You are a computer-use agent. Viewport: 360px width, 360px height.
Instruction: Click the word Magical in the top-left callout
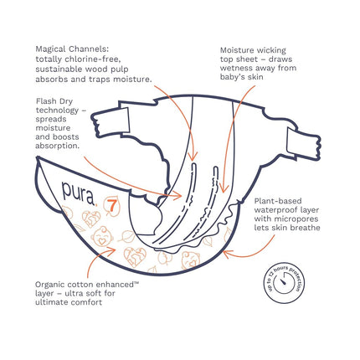coord(51,49)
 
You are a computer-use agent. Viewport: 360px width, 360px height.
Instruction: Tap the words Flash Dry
coord(54,101)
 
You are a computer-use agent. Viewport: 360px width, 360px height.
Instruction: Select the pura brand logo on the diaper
coord(79,193)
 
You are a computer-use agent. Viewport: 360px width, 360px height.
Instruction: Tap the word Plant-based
coord(278,201)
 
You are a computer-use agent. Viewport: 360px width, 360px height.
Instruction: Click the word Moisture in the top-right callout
coord(237,50)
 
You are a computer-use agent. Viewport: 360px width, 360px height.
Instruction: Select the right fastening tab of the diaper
coord(304,144)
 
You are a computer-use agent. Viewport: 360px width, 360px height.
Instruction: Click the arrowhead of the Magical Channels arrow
coord(193,157)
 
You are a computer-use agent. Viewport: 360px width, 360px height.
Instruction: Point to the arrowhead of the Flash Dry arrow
coord(177,195)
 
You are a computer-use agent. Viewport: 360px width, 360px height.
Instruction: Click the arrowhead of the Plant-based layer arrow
coord(227,254)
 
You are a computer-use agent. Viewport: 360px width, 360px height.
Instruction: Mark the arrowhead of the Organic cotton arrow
coord(112,250)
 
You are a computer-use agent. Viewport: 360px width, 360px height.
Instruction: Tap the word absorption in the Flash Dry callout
coord(56,146)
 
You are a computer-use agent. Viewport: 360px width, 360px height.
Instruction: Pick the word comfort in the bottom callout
coord(87,302)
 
